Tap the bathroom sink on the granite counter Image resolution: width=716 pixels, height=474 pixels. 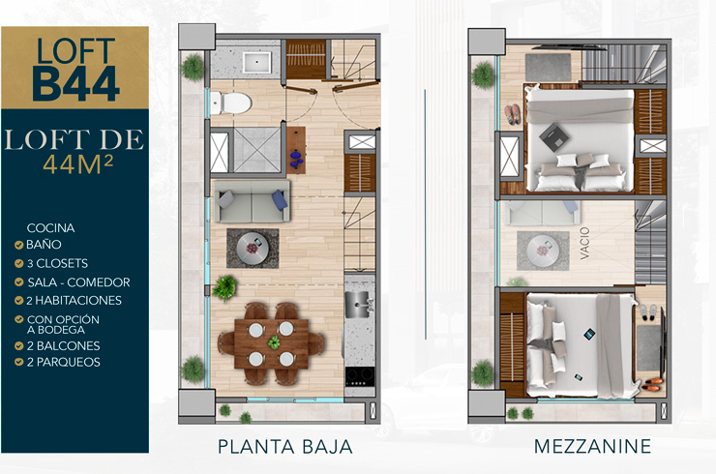pos(256,62)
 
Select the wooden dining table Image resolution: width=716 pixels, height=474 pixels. pos(271,343)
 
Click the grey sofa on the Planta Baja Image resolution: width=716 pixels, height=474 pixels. pos(253,201)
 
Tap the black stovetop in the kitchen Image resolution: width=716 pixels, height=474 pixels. pos(360,377)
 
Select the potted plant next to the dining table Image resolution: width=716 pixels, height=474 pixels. pos(224,287)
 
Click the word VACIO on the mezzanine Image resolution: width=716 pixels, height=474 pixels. pos(584,244)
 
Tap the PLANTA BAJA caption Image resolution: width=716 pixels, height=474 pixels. pos(284,447)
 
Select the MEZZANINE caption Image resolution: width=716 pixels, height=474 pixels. pos(592,446)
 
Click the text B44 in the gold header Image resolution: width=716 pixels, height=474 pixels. pos(75,84)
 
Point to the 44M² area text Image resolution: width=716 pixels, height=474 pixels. pos(78,164)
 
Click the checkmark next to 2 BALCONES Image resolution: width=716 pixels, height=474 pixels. pos(18,345)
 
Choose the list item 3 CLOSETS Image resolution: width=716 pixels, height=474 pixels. pos(57,263)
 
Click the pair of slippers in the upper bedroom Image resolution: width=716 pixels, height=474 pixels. pos(512,114)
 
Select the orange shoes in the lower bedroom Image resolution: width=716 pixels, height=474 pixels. pos(652,384)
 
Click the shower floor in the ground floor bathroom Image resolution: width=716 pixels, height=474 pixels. pos(256,150)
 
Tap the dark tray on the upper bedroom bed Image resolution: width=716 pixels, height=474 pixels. pos(553,136)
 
